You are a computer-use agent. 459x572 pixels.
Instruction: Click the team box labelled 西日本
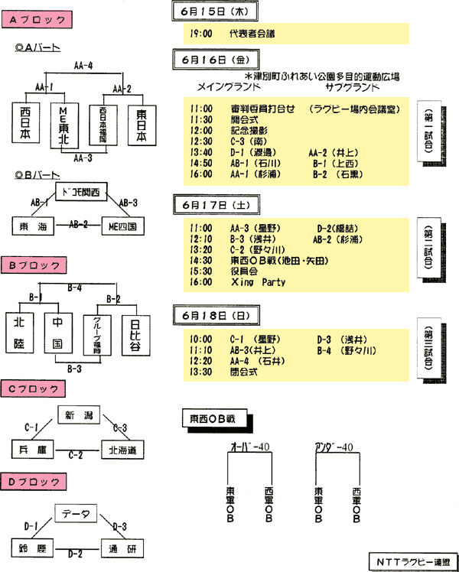point(31,124)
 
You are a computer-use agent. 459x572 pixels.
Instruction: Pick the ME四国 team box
point(123,226)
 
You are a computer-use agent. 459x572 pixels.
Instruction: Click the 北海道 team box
point(122,451)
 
